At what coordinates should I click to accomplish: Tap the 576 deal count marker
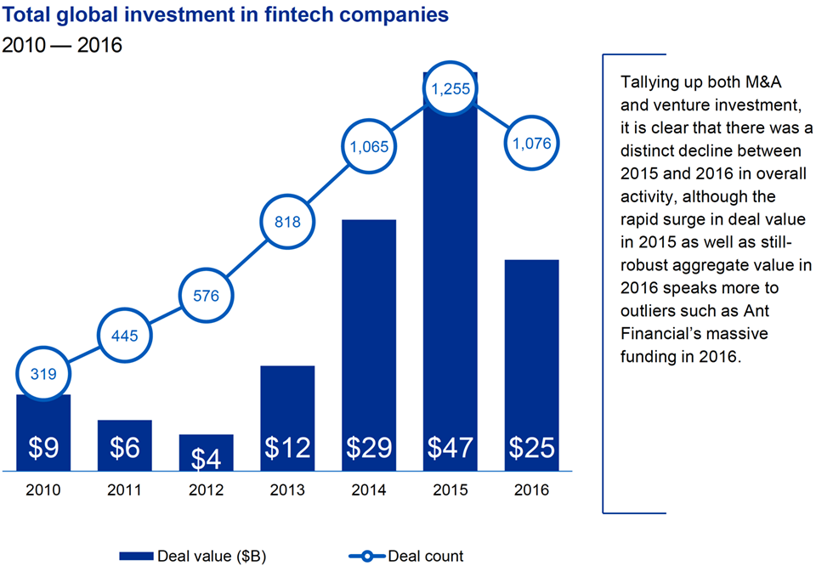pyautogui.click(x=206, y=297)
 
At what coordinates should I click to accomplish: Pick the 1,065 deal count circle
pyautogui.click(x=368, y=146)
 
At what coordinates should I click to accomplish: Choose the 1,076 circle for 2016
pyautogui.click(x=532, y=144)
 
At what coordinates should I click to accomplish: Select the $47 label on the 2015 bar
pyautogui.click(x=450, y=448)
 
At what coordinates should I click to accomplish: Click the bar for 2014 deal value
pyautogui.click(x=369, y=340)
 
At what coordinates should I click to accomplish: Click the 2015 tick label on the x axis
pyautogui.click(x=450, y=490)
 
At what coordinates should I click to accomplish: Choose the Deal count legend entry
pyautogui.click(x=408, y=557)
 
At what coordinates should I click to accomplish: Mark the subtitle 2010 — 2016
pyautogui.click(x=62, y=45)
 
